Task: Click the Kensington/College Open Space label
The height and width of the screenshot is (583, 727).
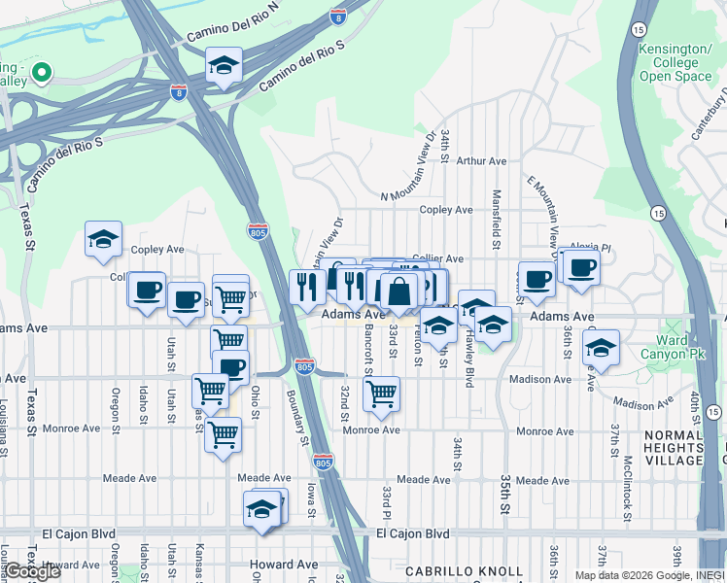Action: click(x=675, y=61)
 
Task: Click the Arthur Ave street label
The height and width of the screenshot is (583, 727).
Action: click(x=482, y=161)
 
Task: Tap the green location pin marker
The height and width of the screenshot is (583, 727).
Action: click(x=42, y=72)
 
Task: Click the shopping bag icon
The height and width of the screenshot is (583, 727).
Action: click(x=398, y=290)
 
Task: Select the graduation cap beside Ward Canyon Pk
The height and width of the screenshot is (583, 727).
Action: click(x=601, y=348)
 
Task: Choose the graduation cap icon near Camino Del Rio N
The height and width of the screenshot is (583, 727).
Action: click(x=224, y=65)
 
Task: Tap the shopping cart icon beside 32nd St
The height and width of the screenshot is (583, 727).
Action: click(x=381, y=393)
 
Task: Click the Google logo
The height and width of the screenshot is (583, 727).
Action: click(x=32, y=571)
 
